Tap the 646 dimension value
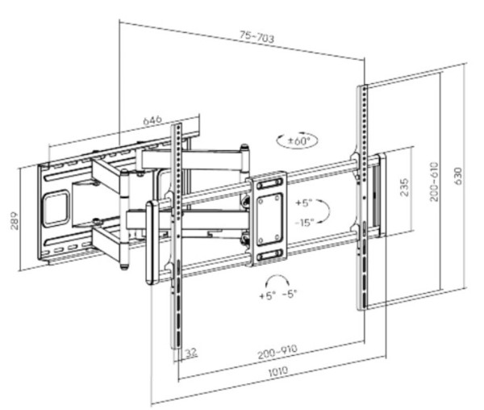pyautogui.click(x=152, y=120)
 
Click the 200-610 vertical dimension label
pyautogui.click(x=434, y=187)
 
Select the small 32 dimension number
pyautogui.click(x=191, y=352)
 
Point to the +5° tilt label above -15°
pyautogui.click(x=305, y=203)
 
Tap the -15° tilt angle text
pyautogui.click(x=305, y=222)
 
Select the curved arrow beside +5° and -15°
pyautogui.click(x=324, y=212)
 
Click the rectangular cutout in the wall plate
pyautogui.click(x=55, y=206)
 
